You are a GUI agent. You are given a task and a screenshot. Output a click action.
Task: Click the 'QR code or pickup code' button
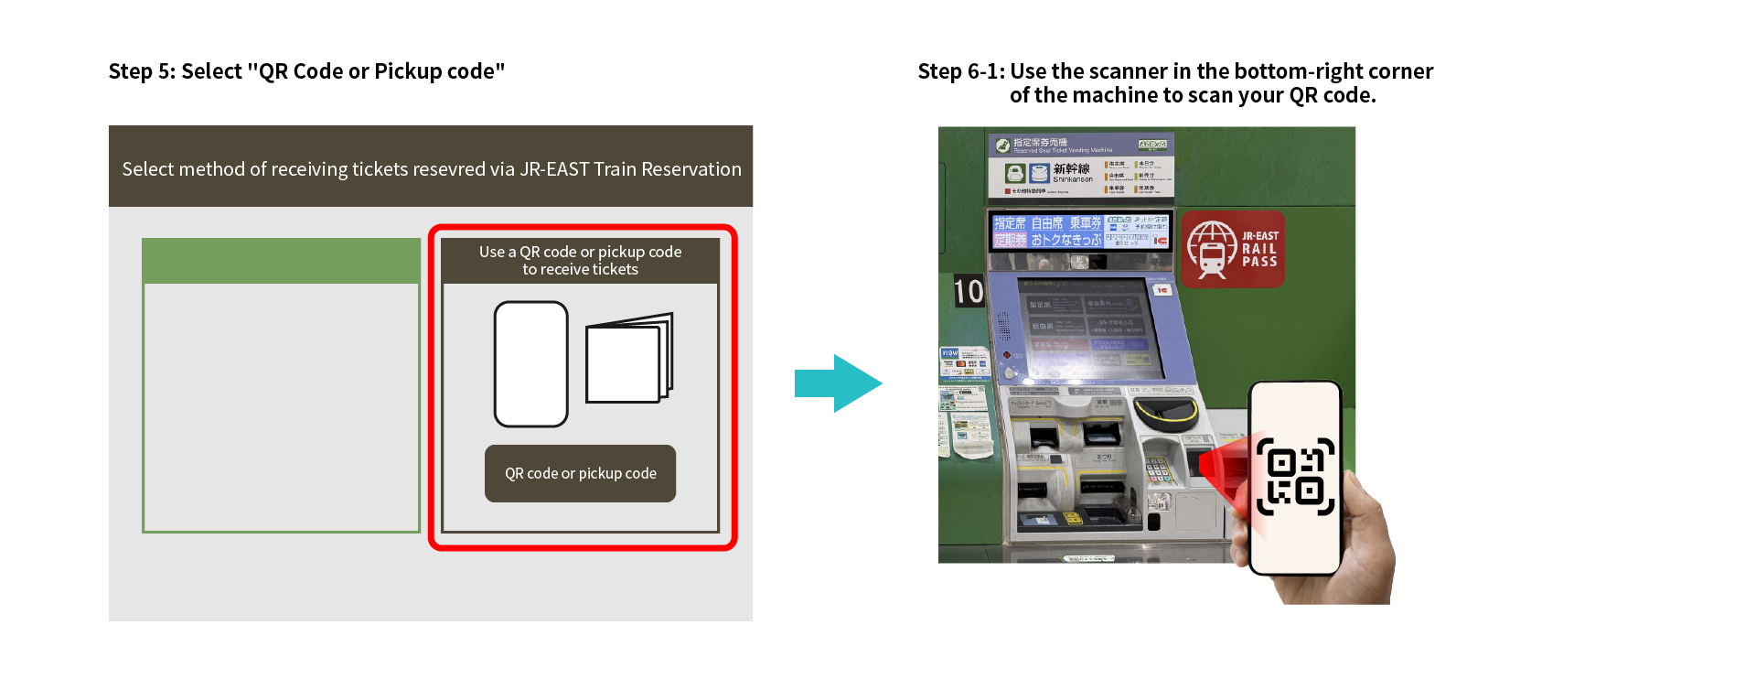tap(580, 473)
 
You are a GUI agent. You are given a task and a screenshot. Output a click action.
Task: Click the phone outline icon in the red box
tap(530, 364)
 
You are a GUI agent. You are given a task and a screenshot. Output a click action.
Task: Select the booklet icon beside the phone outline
tap(628, 359)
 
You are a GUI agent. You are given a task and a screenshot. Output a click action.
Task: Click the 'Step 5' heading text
tap(306, 71)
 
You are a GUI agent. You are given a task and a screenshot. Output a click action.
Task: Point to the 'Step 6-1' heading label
tap(960, 71)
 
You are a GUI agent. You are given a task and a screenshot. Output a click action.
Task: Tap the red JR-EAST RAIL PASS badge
tap(1233, 249)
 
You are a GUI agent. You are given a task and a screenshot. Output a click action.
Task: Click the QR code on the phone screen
tap(1295, 477)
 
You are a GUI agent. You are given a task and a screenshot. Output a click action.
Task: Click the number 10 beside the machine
tap(969, 292)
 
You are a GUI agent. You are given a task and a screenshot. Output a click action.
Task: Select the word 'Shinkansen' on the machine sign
tap(1072, 179)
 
